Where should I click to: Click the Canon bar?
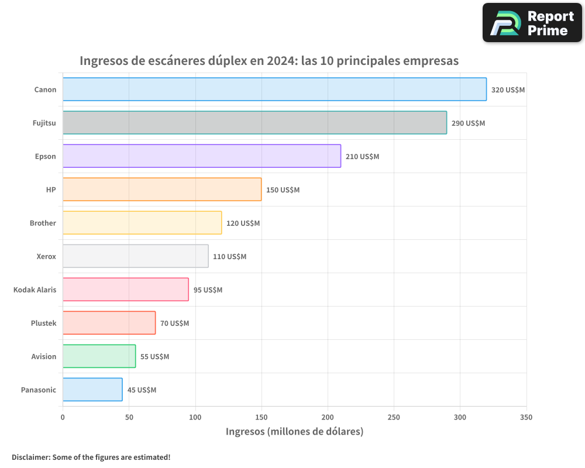(274, 90)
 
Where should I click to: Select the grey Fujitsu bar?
(254, 123)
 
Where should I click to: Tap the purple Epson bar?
(202, 156)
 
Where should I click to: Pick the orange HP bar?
(162, 190)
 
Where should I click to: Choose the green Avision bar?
(99, 356)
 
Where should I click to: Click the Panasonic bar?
(92, 390)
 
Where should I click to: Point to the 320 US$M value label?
(508, 90)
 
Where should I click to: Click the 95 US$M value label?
(208, 290)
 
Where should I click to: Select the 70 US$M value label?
(174, 324)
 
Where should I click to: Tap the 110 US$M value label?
(229, 257)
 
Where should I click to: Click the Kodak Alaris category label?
(35, 290)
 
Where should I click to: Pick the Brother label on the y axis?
(43, 223)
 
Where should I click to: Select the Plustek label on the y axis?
(43, 323)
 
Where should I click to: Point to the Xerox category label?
(46, 256)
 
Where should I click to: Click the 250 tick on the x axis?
(394, 418)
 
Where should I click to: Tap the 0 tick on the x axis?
(63, 418)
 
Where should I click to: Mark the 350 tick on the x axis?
(526, 418)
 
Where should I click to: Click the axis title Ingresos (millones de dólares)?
(294, 432)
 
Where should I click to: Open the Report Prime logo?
(532, 23)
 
